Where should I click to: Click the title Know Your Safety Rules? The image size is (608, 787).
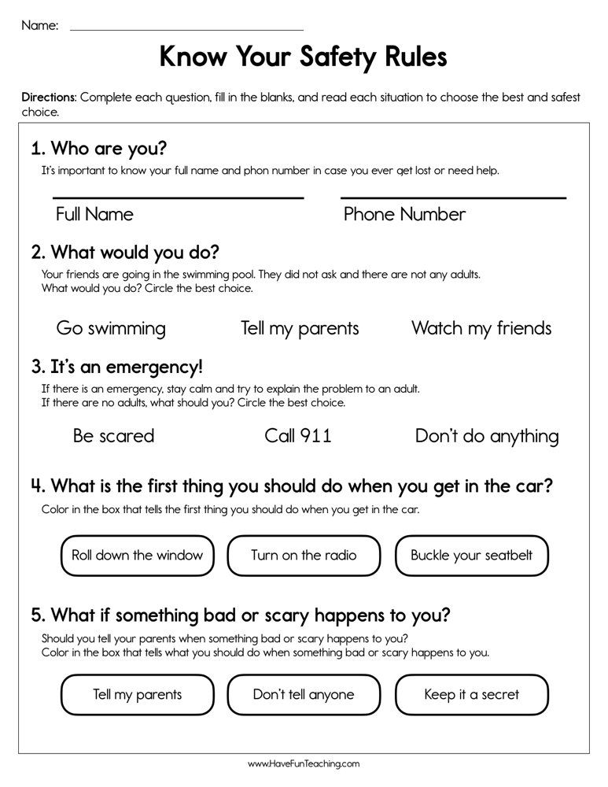point(303,57)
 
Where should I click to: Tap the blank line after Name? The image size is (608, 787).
point(186,30)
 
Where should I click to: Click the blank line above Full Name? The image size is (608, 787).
point(178,198)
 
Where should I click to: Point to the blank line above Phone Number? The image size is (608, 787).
point(453,198)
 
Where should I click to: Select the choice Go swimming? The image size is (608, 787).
point(111,328)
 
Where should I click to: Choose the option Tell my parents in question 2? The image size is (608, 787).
point(300,328)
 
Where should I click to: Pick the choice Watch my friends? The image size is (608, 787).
point(481,328)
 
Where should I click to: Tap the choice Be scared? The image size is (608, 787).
point(113,436)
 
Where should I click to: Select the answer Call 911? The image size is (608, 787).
point(298,436)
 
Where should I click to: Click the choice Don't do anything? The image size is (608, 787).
point(487,436)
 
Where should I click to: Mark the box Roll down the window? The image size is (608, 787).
point(137,556)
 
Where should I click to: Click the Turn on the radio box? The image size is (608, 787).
point(304,556)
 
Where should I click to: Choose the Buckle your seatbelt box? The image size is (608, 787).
point(471,556)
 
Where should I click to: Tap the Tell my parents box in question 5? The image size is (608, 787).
point(137,694)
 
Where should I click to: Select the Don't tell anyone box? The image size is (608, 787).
point(304,694)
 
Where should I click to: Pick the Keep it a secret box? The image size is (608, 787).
point(471,694)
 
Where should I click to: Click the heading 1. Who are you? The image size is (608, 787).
point(99,150)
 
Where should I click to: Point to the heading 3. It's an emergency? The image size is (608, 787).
point(116,367)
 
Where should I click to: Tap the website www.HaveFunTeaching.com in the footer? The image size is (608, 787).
point(304,763)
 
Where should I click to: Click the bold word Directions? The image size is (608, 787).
point(49,98)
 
